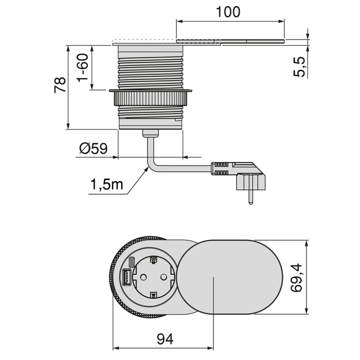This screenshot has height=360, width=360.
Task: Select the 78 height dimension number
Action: point(60,85)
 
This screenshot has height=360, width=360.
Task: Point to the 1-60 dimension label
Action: point(83,69)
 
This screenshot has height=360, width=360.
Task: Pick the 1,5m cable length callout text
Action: point(107,184)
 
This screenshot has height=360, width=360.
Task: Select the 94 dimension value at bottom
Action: point(164,338)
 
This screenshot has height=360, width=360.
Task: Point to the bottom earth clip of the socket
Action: point(153,296)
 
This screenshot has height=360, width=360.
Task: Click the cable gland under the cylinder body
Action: point(151,134)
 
